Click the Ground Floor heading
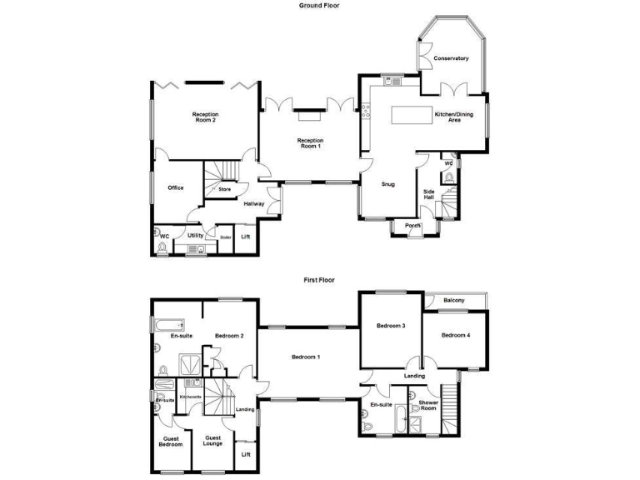319,5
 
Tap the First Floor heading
319,280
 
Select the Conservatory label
451,58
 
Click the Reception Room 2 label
204,117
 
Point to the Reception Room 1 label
310,143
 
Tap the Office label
175,187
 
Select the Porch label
412,226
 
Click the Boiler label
225,237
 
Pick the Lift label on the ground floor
245,237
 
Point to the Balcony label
454,300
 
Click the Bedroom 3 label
390,325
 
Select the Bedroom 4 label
456,335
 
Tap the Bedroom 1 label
306,357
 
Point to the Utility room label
195,236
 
